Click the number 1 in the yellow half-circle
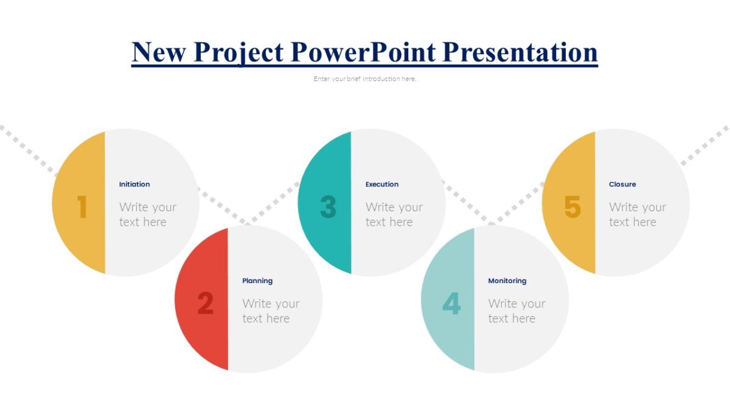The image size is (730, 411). [x=82, y=207]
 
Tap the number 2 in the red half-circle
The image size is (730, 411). [x=206, y=303]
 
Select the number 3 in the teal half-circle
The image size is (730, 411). [x=328, y=207]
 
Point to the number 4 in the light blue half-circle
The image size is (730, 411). [x=451, y=303]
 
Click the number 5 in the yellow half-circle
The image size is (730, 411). [x=572, y=207]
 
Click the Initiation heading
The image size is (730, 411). [x=134, y=184]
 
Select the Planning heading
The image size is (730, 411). [x=257, y=281]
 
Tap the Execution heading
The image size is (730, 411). [x=382, y=184]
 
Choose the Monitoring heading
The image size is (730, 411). [x=507, y=281]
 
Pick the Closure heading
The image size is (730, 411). [x=622, y=184]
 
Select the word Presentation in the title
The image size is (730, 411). [x=520, y=52]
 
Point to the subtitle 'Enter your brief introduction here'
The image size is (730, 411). [x=365, y=79]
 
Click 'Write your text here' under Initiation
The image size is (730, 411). [x=147, y=214]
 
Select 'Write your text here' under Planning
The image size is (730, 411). [x=271, y=311]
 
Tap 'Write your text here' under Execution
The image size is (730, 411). [x=394, y=214]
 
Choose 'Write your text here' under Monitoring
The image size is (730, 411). [x=516, y=311]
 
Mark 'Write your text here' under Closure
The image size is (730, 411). [x=637, y=214]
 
